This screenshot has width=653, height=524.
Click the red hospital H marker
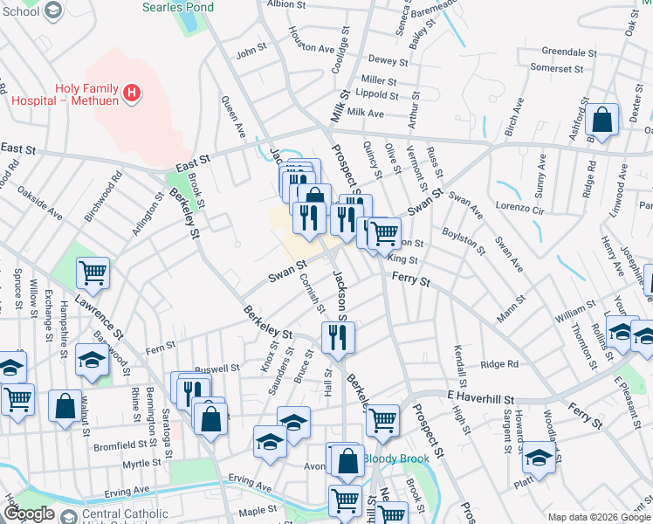pos(131,92)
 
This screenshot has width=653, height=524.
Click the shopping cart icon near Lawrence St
pos(93,272)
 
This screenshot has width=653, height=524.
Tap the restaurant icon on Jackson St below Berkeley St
pos(337,336)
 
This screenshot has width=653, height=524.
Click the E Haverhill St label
pos(490,395)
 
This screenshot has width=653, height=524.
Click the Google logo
pos(29,514)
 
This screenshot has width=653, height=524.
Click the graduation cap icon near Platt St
pos(539,458)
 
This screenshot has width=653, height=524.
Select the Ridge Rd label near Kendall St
pos(500,364)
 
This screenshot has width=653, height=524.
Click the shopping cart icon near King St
pos(384,232)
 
